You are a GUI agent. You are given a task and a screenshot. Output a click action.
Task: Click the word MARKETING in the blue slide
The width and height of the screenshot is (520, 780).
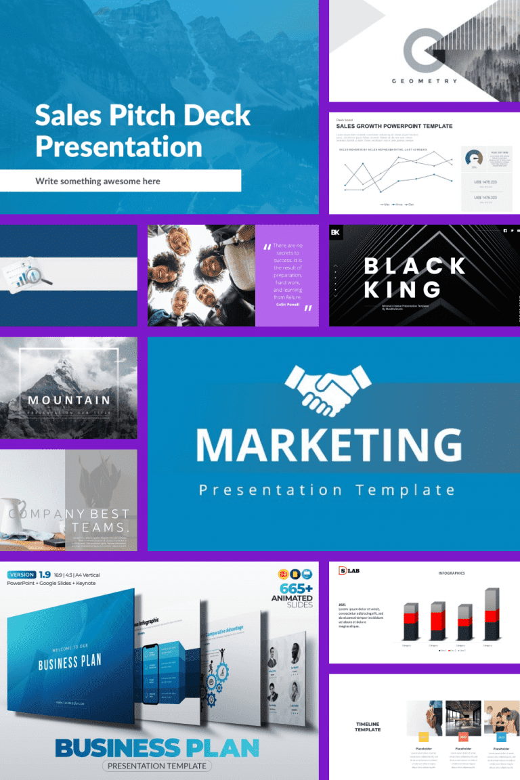click(x=329, y=444)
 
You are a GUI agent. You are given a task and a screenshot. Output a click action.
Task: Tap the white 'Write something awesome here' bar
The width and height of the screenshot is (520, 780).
click(x=120, y=181)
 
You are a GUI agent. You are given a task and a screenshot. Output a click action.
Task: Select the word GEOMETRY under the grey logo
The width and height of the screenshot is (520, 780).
click(x=425, y=81)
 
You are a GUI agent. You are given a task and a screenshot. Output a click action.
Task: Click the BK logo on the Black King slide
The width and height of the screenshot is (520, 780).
click(x=336, y=233)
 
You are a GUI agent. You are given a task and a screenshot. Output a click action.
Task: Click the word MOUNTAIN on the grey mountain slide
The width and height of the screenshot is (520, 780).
click(x=68, y=400)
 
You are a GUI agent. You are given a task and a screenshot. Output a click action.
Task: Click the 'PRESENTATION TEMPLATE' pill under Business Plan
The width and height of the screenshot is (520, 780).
click(x=156, y=766)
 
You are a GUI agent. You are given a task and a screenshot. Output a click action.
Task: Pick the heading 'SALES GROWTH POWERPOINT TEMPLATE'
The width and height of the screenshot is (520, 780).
click(x=394, y=126)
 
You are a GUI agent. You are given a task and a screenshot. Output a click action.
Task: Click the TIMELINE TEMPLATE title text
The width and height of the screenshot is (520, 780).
click(x=368, y=727)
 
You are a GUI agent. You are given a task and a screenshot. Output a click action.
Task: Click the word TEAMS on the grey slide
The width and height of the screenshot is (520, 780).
click(x=100, y=528)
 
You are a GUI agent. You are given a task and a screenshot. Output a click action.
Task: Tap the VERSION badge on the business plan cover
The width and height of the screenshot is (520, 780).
click(x=22, y=575)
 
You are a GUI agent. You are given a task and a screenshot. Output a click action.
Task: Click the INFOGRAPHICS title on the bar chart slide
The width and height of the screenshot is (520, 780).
click(x=451, y=573)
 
